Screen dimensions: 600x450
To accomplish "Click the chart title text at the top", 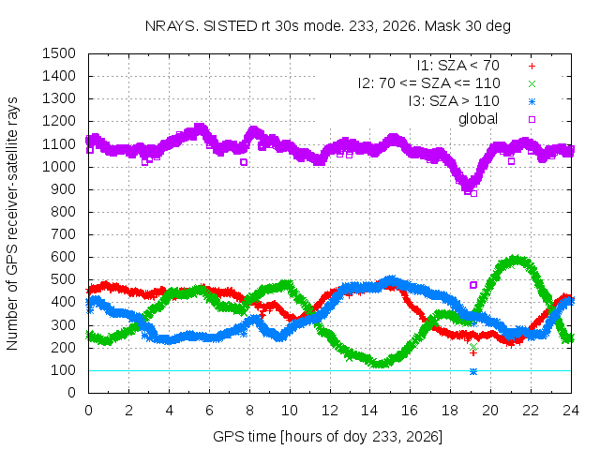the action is point(328,26).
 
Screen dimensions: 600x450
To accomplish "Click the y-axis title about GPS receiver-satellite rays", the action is point(12,223).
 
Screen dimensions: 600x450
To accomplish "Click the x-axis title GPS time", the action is point(327,436).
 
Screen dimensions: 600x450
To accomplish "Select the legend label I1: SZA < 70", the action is point(458,66).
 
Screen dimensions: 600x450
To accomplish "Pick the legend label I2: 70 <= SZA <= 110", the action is point(429,83).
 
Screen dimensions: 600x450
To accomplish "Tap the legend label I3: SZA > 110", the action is point(454,101).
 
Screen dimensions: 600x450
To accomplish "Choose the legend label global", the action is point(478,119).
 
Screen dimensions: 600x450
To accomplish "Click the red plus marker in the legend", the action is point(532,67).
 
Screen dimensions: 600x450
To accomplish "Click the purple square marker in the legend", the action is point(532,119).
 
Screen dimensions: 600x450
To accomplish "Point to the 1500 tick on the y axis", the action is point(59,53).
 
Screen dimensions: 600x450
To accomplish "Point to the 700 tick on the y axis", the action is point(63,234).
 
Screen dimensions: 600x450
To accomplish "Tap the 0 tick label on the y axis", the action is point(72,393).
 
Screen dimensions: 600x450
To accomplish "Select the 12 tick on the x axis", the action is point(330,411).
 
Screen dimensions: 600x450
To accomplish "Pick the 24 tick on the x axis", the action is point(571,411).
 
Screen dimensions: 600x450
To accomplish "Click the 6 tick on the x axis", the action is point(209,411).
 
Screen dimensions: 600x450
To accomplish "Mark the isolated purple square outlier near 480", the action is point(473,285).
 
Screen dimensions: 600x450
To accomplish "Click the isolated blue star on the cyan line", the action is point(473,371).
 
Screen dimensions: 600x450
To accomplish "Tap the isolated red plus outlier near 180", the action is point(473,352).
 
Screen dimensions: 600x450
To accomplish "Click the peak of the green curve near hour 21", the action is point(515,260).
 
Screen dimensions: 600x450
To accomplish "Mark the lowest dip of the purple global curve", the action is point(469,188).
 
